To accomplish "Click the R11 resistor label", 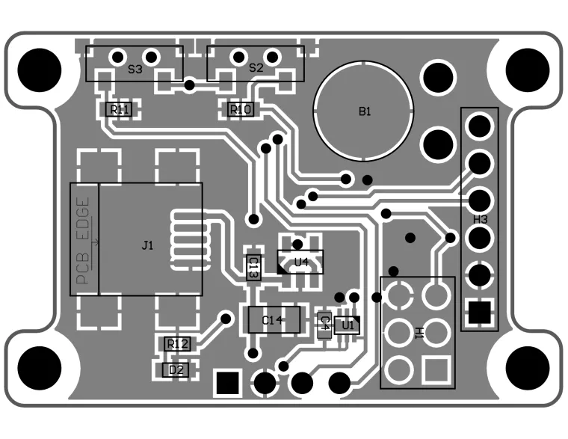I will (120, 110).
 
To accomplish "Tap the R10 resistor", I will (241, 110).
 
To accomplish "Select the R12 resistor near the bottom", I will (177, 343).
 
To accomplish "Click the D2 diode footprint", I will (176, 369).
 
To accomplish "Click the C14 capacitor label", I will (272, 320).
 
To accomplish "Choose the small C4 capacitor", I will (324, 323).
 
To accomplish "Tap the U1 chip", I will (347, 325).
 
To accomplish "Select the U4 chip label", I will (301, 262).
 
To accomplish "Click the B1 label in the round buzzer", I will (365, 111).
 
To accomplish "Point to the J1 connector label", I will (147, 245).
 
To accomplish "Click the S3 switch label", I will (135, 69).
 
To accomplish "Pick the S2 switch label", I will (256, 67).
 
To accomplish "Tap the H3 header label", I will (481, 219).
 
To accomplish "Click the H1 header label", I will (419, 331).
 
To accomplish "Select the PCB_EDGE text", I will (85, 240).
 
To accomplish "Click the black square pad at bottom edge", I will (227, 384).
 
